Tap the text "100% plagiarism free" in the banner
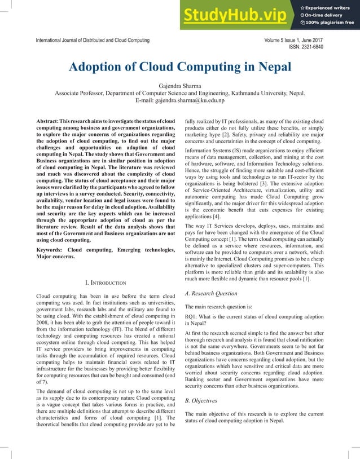click(x=330, y=23)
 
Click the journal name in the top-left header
click(x=93, y=41)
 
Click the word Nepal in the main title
click(x=270, y=68)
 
